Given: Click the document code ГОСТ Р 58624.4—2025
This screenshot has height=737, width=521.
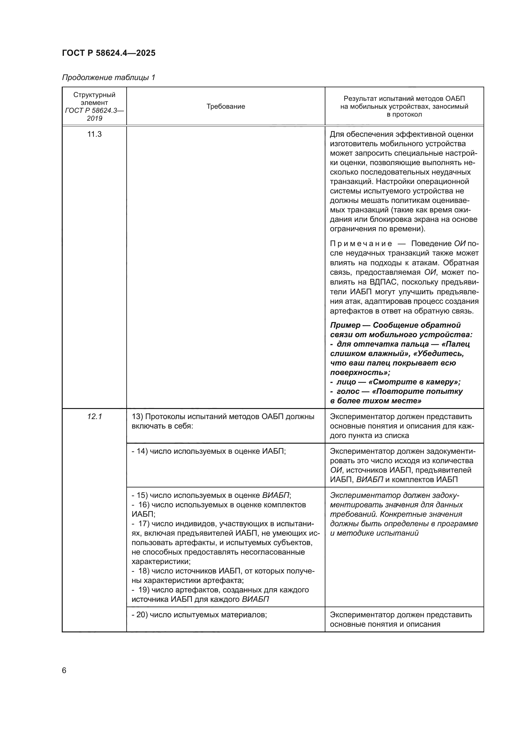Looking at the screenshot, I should click(x=108, y=53).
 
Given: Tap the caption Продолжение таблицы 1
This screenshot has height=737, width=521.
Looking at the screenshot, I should click(x=108, y=78).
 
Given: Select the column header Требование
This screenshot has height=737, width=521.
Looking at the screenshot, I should click(x=226, y=107).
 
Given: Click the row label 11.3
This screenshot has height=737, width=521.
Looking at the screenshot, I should click(x=94, y=134).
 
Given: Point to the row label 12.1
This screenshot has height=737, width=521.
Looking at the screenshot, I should click(x=94, y=417).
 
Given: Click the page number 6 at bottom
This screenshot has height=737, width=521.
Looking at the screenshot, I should click(x=64, y=671).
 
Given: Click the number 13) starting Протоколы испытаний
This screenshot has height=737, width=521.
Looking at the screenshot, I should click(x=137, y=417).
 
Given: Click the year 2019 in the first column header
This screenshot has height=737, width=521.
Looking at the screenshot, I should click(x=94, y=118).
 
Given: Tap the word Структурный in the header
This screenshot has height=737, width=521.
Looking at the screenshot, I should click(x=94, y=95).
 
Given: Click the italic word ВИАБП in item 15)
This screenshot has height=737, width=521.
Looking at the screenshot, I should click(x=276, y=495).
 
